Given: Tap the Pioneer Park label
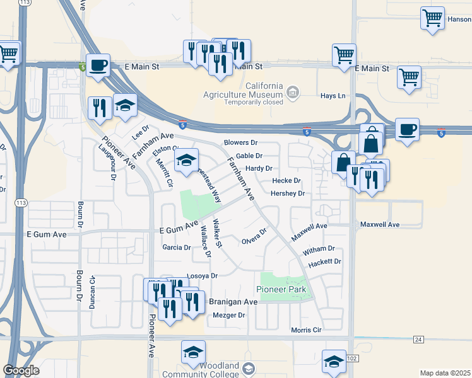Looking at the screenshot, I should coord(281,289).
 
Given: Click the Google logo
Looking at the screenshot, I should coord(21,370).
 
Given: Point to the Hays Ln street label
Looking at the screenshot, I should coord(333,96).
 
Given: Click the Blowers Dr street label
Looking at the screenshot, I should coord(241,143).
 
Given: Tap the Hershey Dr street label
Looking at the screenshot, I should coord(288,193).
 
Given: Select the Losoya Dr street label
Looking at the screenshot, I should coord(202,276).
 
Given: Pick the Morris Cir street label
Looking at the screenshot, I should coord(306,329).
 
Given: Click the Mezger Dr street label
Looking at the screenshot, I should coord(228,315).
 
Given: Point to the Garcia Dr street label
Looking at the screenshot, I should coord(177,248).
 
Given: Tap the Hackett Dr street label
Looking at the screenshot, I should coord(326,261).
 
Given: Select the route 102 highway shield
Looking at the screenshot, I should coord(351,358).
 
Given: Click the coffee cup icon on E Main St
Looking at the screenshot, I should coord(98,66).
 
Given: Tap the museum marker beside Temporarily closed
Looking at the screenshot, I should coord(292,93).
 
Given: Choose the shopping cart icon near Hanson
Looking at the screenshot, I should coord(433,18).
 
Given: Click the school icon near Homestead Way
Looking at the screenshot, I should coord(186,161).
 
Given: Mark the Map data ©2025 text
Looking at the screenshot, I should coord(445,373).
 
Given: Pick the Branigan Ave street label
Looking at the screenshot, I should coord(235,302).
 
